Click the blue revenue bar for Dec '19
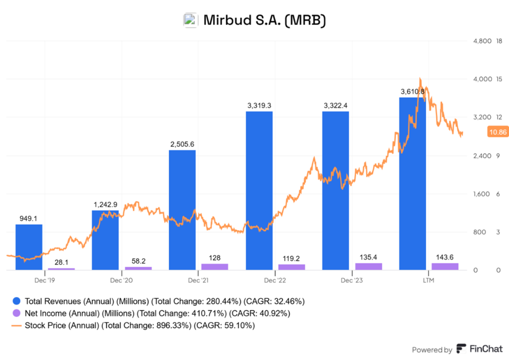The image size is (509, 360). tap(29, 247)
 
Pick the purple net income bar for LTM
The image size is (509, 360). tap(445, 267)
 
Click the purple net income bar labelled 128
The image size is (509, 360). tap(214, 267)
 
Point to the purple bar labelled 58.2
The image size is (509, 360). tap(138, 268)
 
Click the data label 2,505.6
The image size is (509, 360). tap(182, 144)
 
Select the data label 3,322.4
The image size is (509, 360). tap(336, 105)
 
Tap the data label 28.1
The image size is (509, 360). tap(61, 262)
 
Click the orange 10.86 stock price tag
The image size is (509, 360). tap(497, 132)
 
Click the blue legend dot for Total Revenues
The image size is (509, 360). tap(16, 301)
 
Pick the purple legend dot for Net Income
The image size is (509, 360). tap(16, 313)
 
